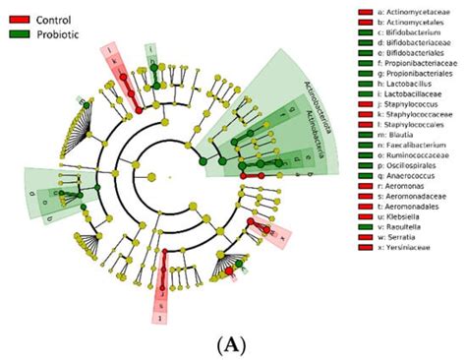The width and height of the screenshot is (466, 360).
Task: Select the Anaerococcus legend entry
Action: click(x=402, y=193)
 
